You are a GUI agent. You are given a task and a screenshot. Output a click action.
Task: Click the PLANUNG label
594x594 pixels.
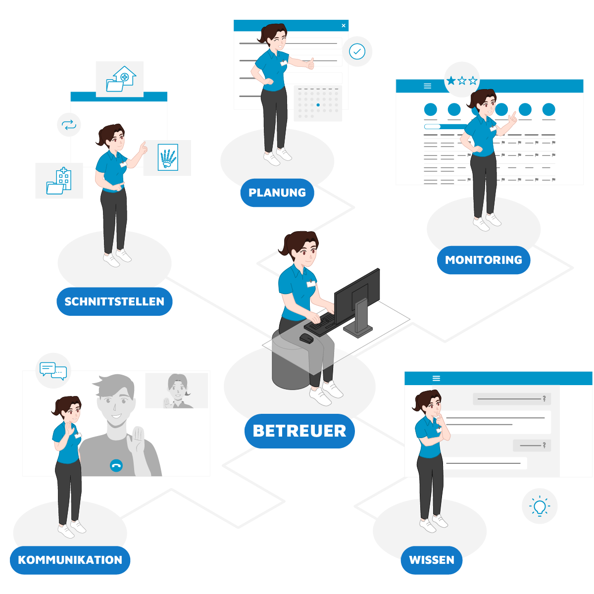277,193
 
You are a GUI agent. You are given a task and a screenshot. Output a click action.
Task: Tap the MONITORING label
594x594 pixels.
483,260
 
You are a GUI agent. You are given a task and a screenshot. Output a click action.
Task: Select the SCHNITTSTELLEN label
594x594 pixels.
114,301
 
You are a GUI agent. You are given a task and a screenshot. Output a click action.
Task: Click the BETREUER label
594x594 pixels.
299,431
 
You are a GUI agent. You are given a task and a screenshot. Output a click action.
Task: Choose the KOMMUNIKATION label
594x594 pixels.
70,560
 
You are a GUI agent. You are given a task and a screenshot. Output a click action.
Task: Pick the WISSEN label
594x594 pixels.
432,560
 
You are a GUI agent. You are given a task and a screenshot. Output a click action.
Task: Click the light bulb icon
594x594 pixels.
540,506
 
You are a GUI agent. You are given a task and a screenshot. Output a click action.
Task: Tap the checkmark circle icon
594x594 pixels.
357,51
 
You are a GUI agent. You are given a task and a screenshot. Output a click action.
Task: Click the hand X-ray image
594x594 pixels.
168,157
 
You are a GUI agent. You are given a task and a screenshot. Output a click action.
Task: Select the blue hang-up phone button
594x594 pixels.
116,465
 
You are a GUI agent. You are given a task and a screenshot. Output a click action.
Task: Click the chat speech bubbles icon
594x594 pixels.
53,371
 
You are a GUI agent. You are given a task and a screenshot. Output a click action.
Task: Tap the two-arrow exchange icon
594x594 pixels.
69,125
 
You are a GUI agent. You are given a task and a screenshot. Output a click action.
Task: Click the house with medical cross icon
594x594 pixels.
121,79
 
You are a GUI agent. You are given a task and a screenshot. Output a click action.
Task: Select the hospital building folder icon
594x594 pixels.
58,181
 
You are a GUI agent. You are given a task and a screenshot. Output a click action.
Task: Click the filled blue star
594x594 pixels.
450,81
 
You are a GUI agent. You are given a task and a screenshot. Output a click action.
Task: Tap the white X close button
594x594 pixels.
344,26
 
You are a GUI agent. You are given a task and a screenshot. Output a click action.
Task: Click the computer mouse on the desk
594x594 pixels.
306,338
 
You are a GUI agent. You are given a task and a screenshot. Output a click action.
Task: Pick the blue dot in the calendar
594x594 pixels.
318,105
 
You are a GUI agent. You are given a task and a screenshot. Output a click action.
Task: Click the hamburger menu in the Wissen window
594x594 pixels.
436,378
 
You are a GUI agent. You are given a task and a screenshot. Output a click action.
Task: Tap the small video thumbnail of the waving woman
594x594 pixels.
176,391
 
